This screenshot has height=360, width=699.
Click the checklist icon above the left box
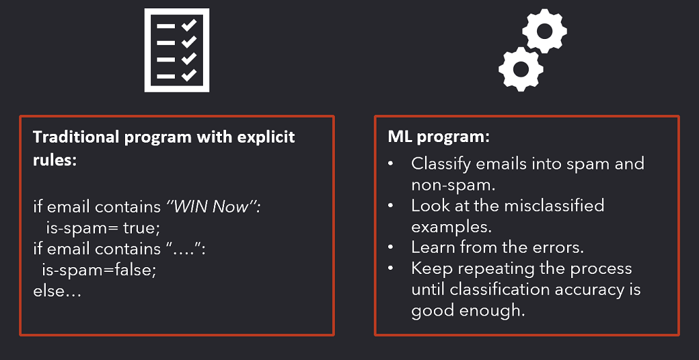pos(176,50)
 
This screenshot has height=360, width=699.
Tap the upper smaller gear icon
pos(545,31)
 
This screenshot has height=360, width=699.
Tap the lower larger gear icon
pos(521,68)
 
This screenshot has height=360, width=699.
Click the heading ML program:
pos(438,137)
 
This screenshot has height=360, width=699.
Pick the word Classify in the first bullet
pos(440,164)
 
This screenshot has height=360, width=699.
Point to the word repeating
pos(495,268)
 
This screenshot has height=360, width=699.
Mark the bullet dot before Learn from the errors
pos(390,248)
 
